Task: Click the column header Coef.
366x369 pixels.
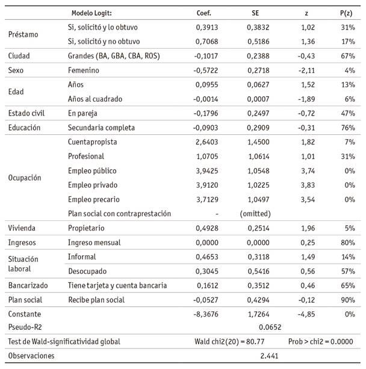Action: (x=204, y=13)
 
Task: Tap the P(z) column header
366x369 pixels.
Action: (x=347, y=13)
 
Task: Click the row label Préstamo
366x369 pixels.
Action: (x=23, y=34)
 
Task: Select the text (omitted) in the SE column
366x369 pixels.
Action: (x=255, y=213)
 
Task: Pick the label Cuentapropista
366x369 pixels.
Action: (x=92, y=141)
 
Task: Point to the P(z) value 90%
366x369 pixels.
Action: (x=347, y=299)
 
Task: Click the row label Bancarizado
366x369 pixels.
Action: (x=27, y=285)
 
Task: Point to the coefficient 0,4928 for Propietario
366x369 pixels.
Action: (x=206, y=228)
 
